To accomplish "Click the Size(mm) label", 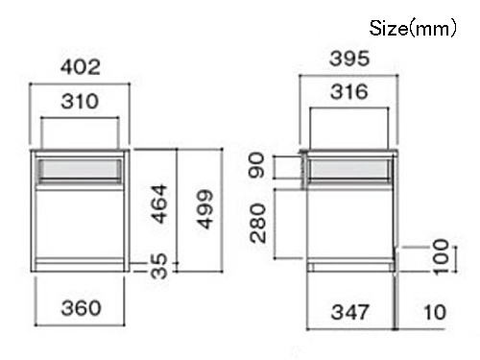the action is click(413, 29).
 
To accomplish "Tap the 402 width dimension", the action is click(81, 67).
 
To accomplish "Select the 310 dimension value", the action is click(80, 102).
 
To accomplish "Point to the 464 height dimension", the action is click(159, 204).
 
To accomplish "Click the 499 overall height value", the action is click(204, 209).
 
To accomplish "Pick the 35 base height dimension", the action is click(159, 266).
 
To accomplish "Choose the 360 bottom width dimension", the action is click(81, 308).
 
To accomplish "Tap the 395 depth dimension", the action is click(349, 59).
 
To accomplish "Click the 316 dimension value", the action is click(349, 92).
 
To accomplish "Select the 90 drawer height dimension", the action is click(256, 165).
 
